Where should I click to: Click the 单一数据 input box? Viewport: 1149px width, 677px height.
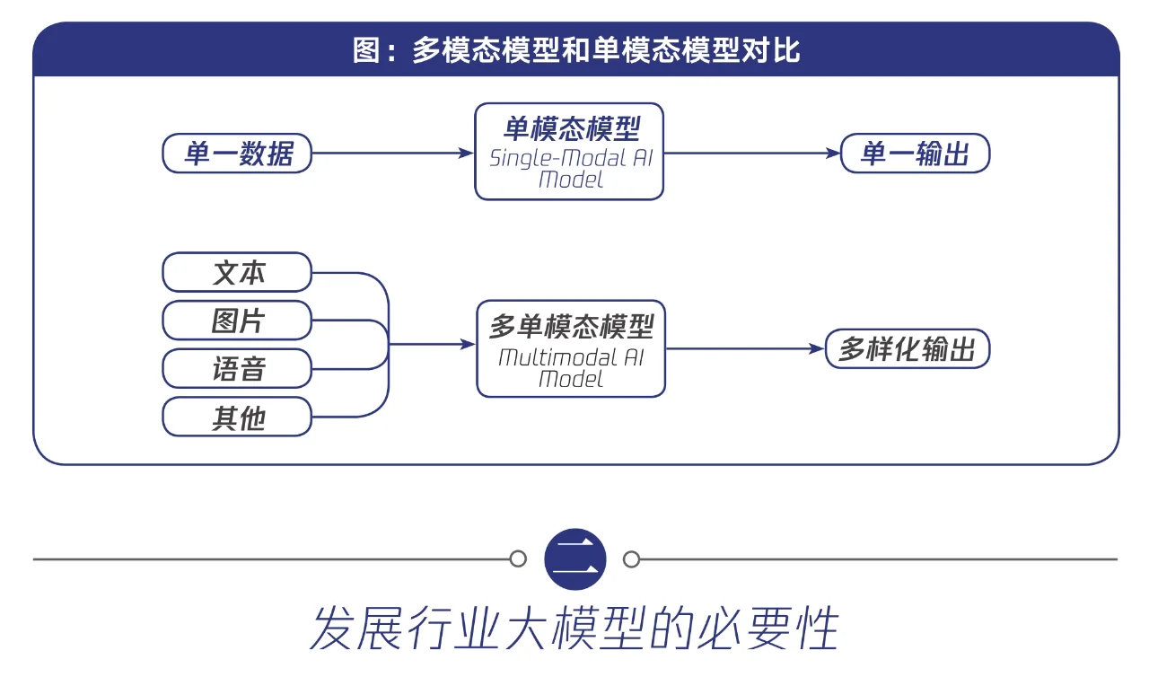point(238,154)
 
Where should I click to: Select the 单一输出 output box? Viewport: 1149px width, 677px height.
point(915,154)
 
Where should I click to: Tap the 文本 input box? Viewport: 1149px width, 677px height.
point(238,272)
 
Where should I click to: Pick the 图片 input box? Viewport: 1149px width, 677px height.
point(238,321)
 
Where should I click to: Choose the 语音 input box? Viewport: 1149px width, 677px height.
point(238,369)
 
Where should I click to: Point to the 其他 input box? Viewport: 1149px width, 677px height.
point(238,418)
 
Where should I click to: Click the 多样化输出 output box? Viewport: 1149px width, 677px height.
point(908,349)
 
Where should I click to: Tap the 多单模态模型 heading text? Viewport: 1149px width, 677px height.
point(571,325)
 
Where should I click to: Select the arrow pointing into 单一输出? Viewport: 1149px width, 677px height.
point(751,154)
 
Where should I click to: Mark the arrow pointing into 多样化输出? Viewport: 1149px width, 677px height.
point(745,349)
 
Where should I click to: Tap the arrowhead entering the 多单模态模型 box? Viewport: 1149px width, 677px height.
point(467,344)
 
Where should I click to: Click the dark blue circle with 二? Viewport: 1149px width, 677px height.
point(575,559)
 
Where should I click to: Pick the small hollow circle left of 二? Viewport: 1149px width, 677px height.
point(518,559)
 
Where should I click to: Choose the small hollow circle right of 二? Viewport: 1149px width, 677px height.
point(632,559)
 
